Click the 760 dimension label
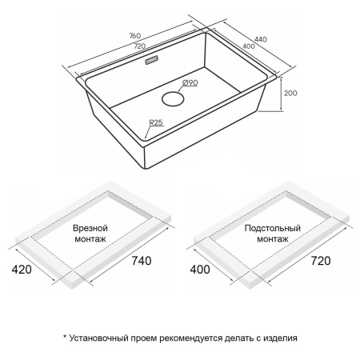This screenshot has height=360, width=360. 135,36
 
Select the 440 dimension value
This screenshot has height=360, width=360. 261,39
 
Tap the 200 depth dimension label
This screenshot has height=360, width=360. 290,93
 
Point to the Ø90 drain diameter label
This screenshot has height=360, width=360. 190,83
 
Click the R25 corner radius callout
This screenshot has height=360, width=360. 156,122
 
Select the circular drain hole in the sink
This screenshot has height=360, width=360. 173,98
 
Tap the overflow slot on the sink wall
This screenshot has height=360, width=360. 152,60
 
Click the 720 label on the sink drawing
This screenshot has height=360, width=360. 140,46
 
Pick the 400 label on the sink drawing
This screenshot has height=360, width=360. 249,46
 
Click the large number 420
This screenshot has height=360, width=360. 22,270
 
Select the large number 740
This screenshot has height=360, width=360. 142,261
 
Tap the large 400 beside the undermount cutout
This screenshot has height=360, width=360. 200,270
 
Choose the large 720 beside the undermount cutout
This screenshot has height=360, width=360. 321,261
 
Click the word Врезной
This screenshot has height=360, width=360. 90,228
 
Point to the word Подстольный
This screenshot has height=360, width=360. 273,228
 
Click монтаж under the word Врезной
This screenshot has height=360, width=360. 90,238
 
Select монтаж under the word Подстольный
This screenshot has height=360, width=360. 273,238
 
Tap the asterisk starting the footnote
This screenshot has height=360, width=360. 65,337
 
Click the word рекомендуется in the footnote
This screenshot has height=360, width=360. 190,338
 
